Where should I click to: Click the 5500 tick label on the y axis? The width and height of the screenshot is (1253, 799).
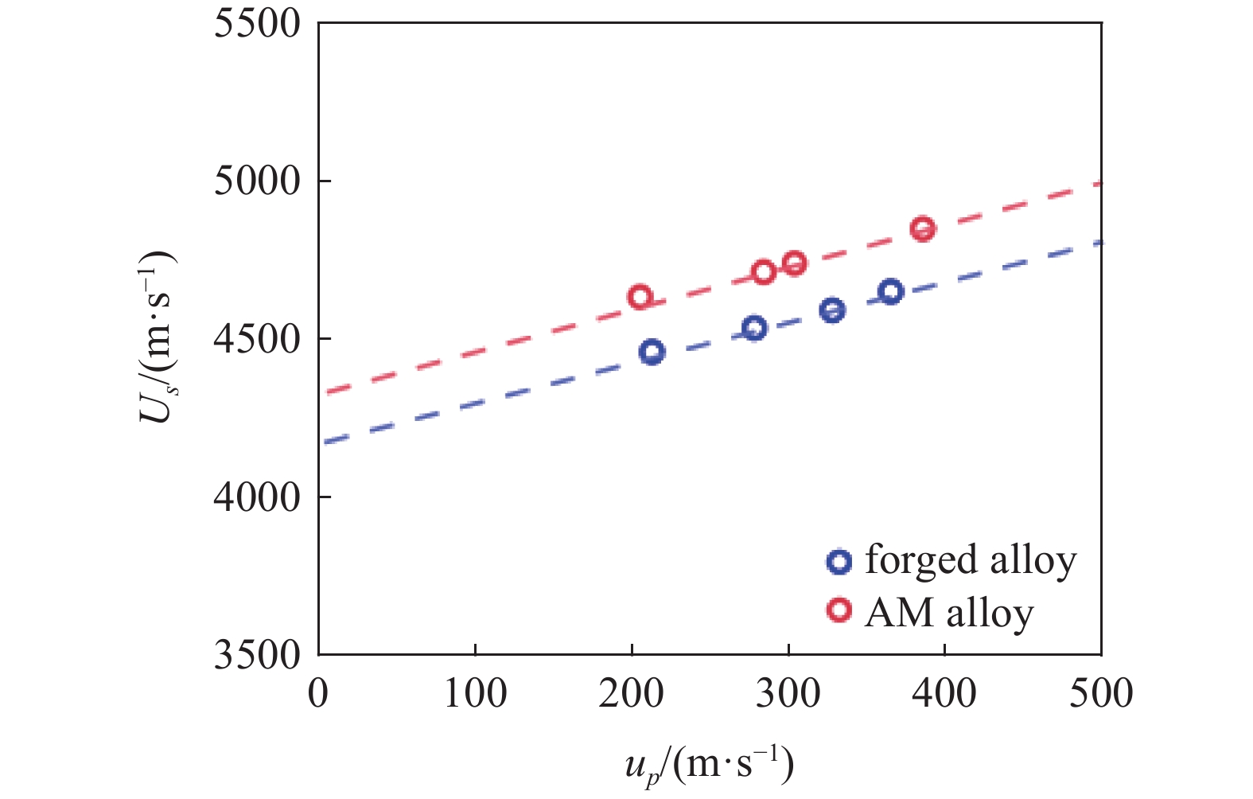coord(257,23)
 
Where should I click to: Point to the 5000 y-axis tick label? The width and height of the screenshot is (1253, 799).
coord(257,181)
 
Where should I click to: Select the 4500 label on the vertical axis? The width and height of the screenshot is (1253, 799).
coord(257,339)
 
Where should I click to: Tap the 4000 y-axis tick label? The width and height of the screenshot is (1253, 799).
coord(257,497)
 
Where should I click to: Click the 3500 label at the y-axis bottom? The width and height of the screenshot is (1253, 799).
coord(257,655)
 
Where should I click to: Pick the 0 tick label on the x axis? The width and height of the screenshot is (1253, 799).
coord(318,693)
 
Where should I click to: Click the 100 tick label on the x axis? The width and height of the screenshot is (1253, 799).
coord(475,693)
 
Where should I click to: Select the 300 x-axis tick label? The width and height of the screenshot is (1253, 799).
coord(788,693)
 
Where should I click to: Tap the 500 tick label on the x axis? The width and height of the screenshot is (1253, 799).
coord(1101,693)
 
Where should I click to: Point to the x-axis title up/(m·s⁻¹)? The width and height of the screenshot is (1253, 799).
coord(709,766)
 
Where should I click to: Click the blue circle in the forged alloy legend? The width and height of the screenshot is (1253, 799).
coord(839,561)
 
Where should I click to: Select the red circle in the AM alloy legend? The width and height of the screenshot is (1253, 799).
coord(839,610)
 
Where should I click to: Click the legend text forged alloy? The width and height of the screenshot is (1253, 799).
coord(970,559)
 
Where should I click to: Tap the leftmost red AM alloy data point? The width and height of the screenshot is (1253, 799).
coord(640,297)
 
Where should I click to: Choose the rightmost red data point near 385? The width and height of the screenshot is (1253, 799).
coord(923,229)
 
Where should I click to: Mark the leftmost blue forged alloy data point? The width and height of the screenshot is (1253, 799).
coord(652,352)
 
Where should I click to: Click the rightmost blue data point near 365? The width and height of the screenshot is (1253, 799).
coord(891,291)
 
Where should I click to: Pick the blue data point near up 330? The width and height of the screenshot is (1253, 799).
coord(832,310)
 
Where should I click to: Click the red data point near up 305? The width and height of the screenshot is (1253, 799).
coord(794,263)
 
